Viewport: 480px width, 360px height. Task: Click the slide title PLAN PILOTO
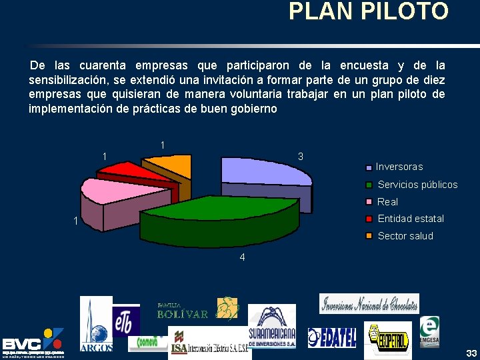pyautogui.click(x=369, y=11)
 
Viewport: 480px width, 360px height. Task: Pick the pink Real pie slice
pyautogui.click(x=107, y=193)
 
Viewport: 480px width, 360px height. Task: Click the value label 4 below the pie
pyautogui.click(x=243, y=258)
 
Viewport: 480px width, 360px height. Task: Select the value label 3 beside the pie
pyautogui.click(x=301, y=157)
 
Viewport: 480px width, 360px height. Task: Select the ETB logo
pyautogui.click(x=126, y=320)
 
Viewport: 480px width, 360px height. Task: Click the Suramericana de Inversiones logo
pyautogui.click(x=272, y=327)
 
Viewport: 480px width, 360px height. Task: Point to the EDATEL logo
pyautogui.click(x=332, y=337)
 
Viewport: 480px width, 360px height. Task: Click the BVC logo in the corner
pyautogui.click(x=33, y=343)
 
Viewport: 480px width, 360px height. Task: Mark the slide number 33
pyautogui.click(x=471, y=353)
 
